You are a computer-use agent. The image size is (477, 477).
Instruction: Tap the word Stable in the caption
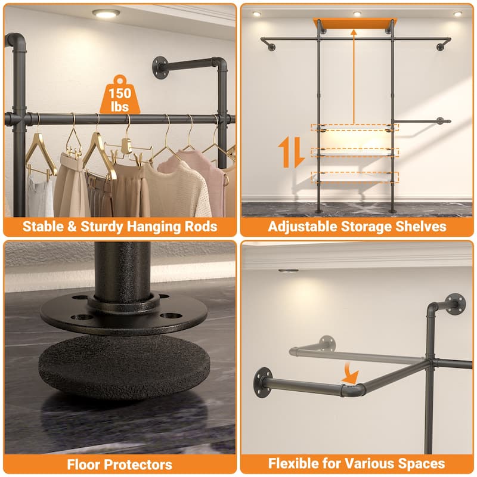tap(42, 227)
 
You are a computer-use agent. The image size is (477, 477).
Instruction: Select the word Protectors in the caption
tap(138, 464)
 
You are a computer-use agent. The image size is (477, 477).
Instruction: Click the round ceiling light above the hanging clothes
tap(106, 13)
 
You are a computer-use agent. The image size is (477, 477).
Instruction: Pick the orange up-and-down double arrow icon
tap(292, 151)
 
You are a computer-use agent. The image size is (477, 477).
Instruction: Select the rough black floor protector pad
tap(123, 364)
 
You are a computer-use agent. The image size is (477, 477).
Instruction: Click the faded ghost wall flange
tap(326, 342)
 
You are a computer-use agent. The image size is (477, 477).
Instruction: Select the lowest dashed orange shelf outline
tap(355, 177)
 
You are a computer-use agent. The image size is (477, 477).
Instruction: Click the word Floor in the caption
tap(88, 464)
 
